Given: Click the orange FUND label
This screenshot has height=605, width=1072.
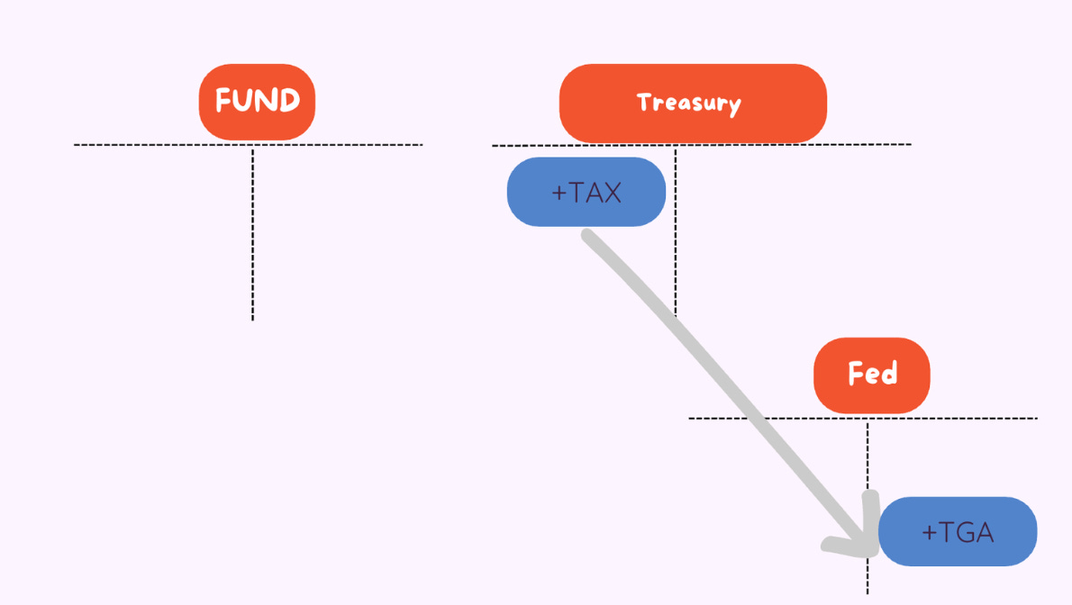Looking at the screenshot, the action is (257, 101).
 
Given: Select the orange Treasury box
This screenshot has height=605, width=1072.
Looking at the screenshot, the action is (692, 103).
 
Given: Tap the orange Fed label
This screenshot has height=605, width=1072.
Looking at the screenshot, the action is (871, 375).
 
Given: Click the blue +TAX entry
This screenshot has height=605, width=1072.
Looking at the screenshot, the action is (586, 192).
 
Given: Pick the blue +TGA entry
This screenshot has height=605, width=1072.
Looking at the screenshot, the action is (958, 532).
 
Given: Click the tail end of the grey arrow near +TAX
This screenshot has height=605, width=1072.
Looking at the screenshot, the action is (588, 237).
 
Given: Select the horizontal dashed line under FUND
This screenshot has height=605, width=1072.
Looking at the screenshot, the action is (135, 144).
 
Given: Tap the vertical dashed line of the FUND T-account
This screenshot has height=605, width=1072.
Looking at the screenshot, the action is (253, 234).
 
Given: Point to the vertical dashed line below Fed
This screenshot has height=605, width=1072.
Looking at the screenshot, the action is (868, 459).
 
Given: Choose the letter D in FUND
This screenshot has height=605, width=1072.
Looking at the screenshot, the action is (288, 101).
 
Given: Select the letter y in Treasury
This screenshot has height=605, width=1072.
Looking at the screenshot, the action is (734, 105).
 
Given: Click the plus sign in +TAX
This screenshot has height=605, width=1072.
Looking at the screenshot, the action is (558, 193).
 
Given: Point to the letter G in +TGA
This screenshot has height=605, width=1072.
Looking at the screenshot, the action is (959, 533).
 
